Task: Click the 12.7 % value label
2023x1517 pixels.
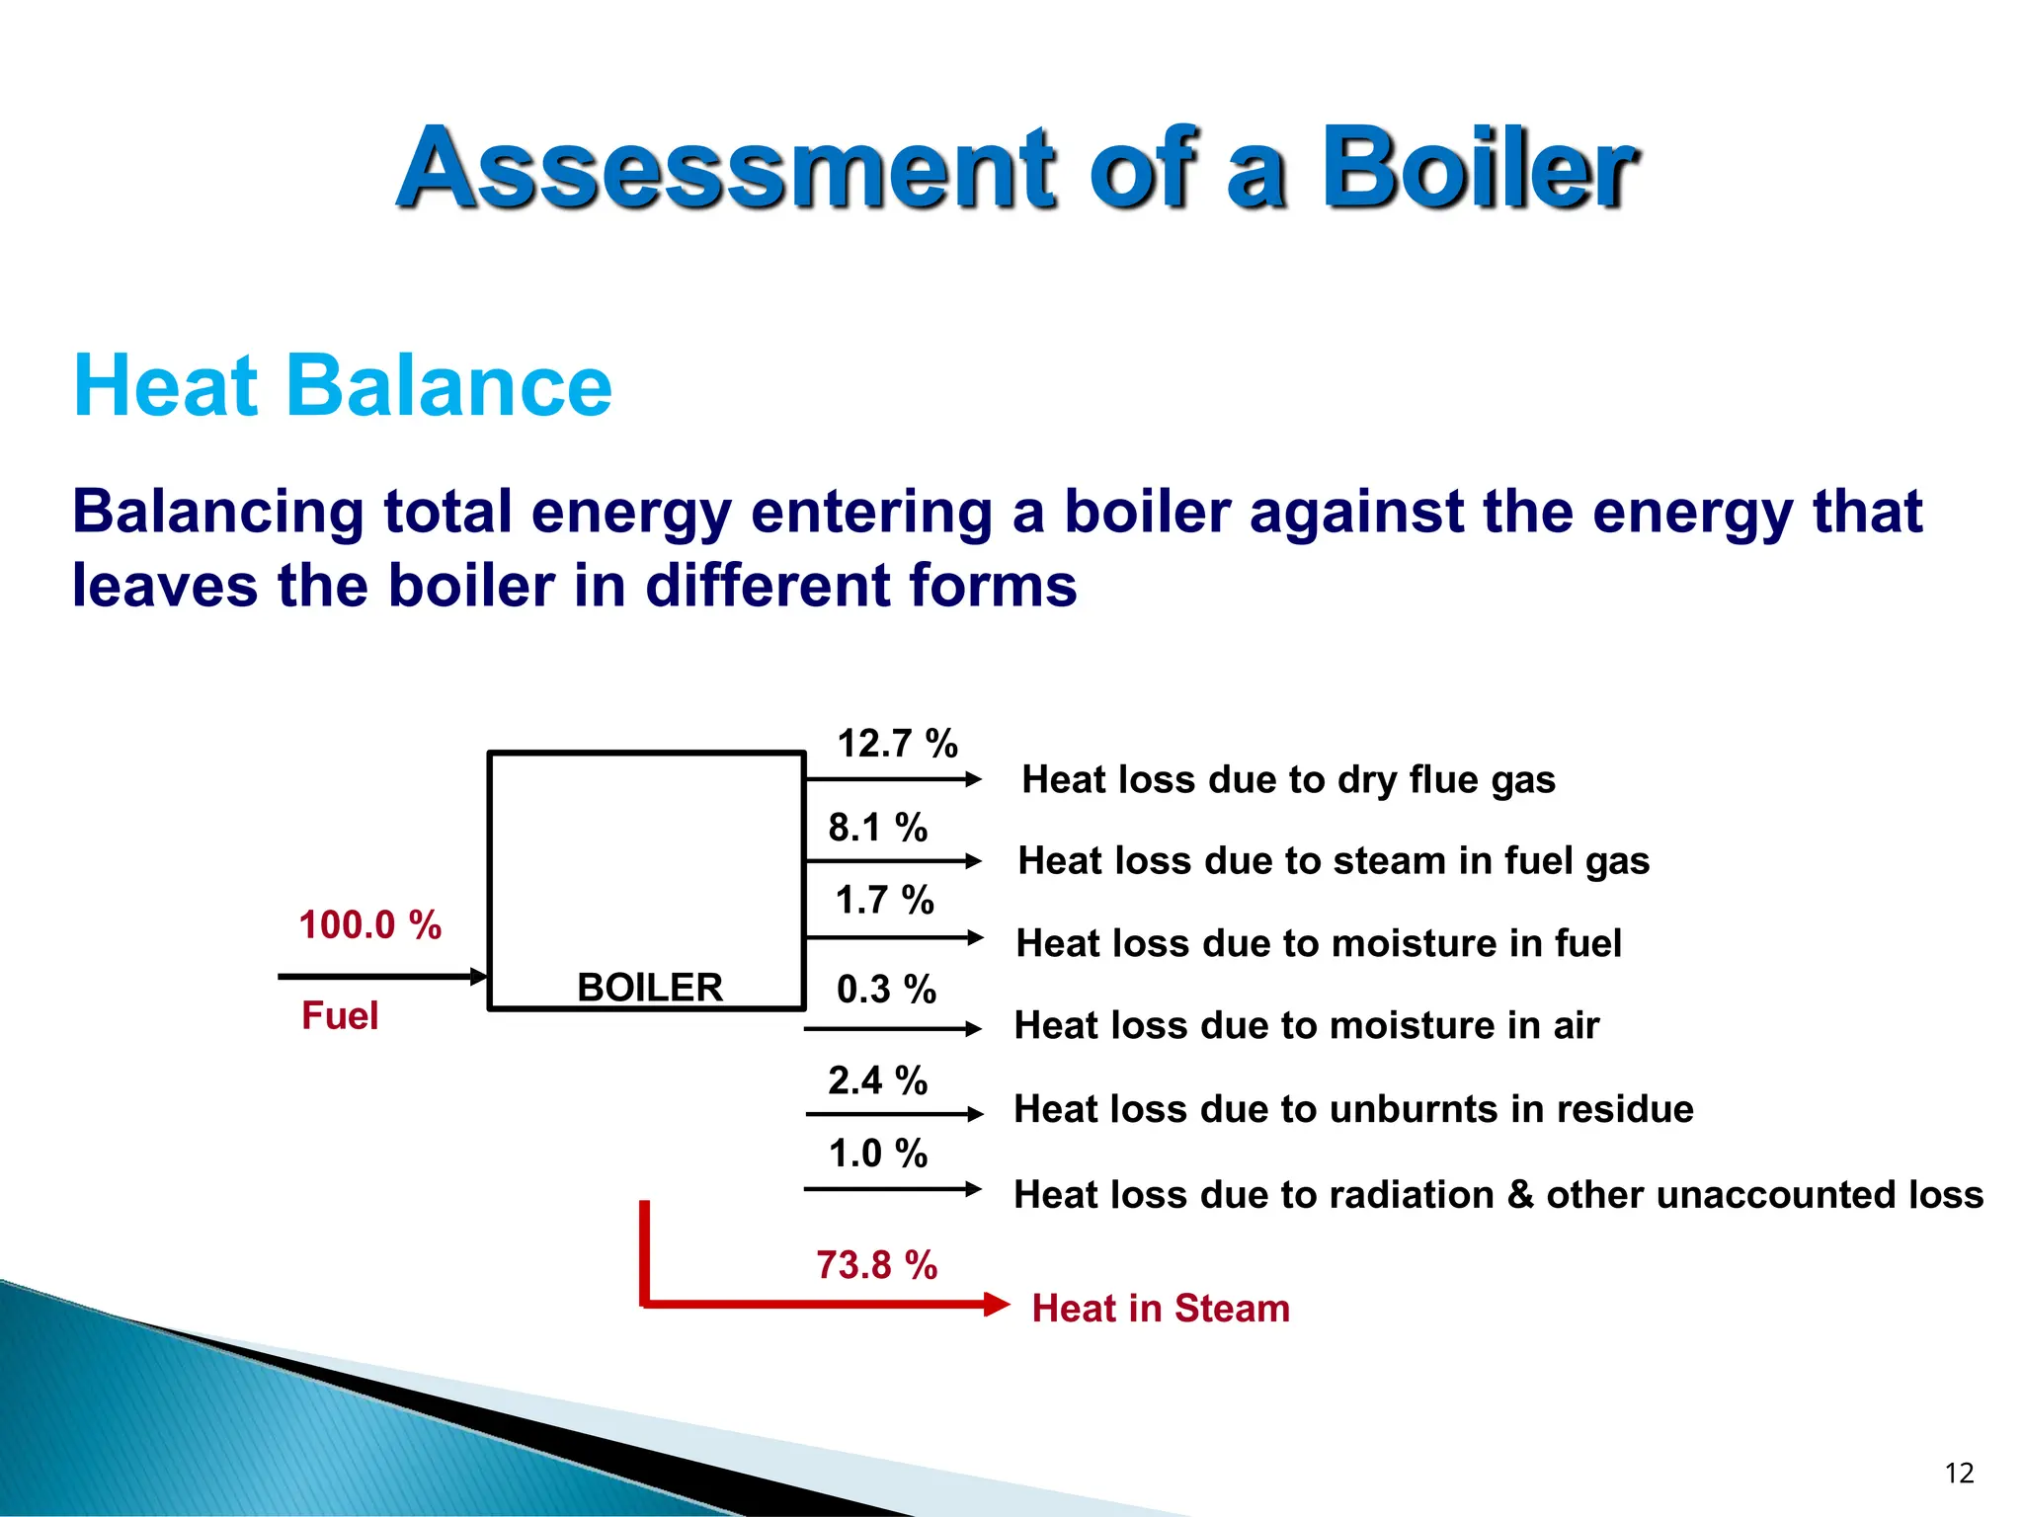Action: coord(897,744)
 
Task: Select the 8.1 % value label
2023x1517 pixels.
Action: coord(877,828)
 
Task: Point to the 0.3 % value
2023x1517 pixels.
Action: coord(886,990)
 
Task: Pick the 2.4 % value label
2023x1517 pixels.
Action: coord(877,1080)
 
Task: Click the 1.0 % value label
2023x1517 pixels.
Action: coord(877,1154)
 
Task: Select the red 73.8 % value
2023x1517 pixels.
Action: coord(876,1265)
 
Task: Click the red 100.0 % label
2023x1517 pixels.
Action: coord(369,925)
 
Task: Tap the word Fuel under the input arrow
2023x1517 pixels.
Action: coord(339,1016)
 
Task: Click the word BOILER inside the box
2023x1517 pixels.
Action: coord(649,988)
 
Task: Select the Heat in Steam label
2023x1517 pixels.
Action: coord(1160,1309)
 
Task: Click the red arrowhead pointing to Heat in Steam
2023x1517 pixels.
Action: coord(998,1305)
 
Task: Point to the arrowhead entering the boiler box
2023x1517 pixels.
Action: coord(479,977)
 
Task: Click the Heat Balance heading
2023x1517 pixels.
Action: coord(343,386)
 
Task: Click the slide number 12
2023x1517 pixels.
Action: coord(1958,1474)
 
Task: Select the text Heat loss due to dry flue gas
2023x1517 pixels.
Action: coord(1288,780)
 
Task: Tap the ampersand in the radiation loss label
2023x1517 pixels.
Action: coord(1520,1195)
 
